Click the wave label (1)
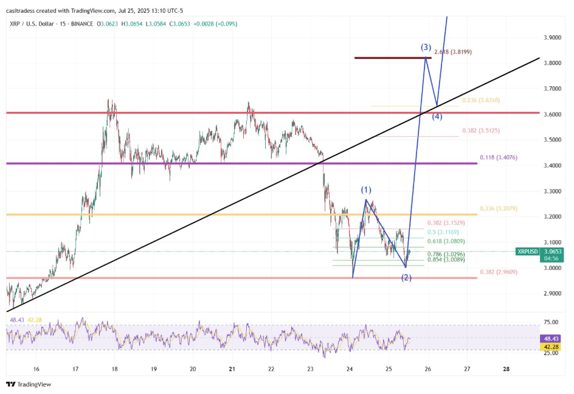coord(366,190)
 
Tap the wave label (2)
coord(406,278)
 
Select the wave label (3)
coord(426,47)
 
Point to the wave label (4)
coord(437,117)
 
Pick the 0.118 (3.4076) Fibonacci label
coord(499,157)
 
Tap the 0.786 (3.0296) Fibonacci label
coord(446,254)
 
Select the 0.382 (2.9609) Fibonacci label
coord(498,272)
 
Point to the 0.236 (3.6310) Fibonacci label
coord(480,100)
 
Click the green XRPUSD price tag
coord(527,251)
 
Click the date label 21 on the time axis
coord(232,369)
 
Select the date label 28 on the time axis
coord(507,369)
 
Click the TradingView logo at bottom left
coord(29,384)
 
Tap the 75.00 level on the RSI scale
coord(551,322)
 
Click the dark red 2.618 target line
coord(393,58)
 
